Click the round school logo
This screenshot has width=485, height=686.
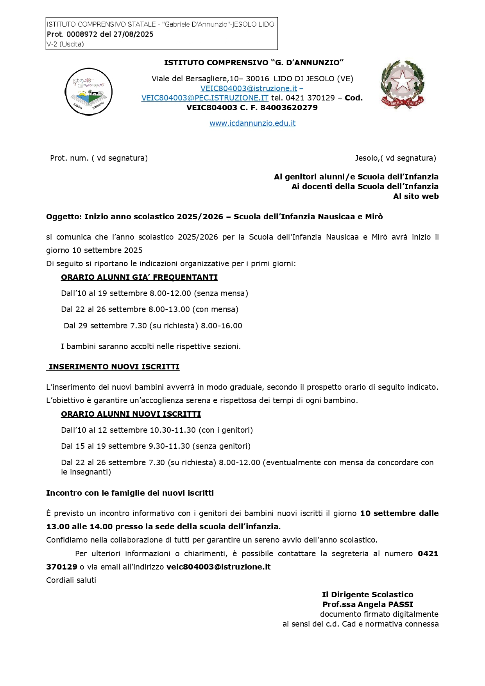[89, 92]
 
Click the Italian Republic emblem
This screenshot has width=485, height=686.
[402, 84]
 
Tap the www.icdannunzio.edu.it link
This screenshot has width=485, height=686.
[252, 124]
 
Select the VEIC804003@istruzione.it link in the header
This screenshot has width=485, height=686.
[249, 89]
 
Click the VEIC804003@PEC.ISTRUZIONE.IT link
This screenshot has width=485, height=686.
[205, 98]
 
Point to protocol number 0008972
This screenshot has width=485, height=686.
[82, 34]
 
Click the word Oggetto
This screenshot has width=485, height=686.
[63, 217]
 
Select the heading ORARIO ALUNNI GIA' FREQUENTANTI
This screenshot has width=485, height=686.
[139, 278]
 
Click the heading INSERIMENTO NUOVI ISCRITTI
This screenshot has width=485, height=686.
[114, 367]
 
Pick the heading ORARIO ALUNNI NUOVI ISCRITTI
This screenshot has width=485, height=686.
[131, 414]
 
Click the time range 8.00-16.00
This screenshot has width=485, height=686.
[222, 326]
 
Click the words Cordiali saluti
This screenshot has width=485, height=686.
[71, 580]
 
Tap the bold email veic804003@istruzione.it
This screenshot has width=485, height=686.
[218, 567]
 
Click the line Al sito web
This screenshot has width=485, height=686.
[416, 197]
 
